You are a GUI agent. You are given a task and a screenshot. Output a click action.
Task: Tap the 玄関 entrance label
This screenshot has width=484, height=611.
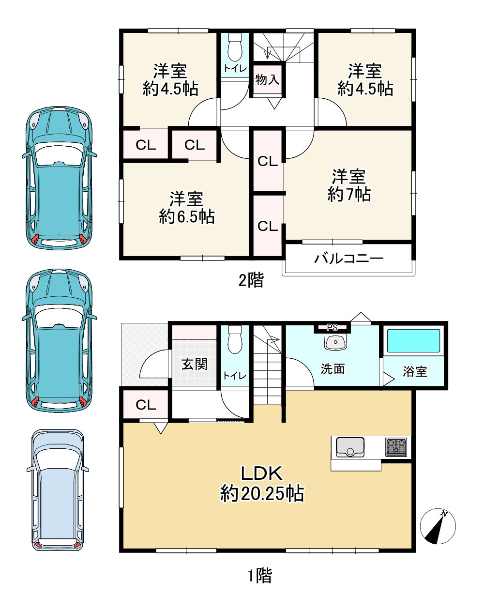(195, 364)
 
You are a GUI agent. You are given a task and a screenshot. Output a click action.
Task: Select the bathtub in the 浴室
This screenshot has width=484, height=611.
(413, 341)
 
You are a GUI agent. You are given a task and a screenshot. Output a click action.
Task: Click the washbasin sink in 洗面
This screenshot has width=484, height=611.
(335, 342)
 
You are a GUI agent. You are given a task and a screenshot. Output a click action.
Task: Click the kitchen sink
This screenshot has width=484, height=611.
(350, 447)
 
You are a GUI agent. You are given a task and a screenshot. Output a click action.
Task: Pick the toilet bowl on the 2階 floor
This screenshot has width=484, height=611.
(235, 48)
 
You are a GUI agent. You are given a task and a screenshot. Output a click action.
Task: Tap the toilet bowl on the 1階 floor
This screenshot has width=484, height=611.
(235, 340)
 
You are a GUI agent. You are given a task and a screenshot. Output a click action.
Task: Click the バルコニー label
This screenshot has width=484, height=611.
(348, 259)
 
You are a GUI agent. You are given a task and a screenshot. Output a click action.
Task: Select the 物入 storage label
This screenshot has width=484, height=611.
(267, 79)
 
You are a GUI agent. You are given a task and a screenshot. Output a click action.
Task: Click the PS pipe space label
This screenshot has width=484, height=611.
(332, 328)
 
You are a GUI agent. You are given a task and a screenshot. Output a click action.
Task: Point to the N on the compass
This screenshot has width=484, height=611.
(444, 514)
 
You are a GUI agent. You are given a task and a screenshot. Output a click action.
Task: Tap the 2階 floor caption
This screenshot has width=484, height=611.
(251, 280)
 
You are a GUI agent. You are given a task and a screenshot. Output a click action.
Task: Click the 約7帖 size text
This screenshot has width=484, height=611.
(349, 195)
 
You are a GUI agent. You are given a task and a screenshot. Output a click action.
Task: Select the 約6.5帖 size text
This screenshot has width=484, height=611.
(186, 216)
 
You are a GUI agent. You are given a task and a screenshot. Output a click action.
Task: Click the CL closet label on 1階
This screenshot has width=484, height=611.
(146, 405)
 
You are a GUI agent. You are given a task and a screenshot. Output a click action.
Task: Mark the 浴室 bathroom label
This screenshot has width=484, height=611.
(415, 371)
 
